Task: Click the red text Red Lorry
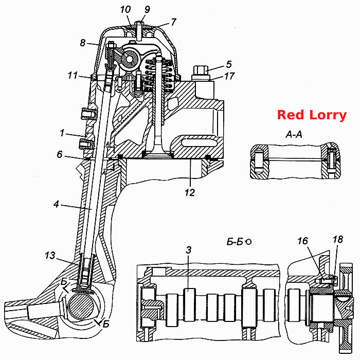pyautogui.click(x=312, y=115)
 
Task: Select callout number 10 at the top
pyautogui.click(x=125, y=10)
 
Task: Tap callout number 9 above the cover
pyautogui.click(x=147, y=9)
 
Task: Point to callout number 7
pyautogui.click(x=173, y=22)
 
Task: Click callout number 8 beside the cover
pyautogui.click(x=83, y=43)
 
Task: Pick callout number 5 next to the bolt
pyautogui.click(x=229, y=64)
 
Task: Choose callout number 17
pyautogui.click(x=229, y=76)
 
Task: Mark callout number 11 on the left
pyautogui.click(x=73, y=75)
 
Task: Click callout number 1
pyautogui.click(x=62, y=133)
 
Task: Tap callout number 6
pyautogui.click(x=60, y=154)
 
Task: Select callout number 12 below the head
pyautogui.click(x=190, y=192)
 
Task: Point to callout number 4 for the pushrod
pyautogui.click(x=57, y=204)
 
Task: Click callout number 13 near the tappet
pyautogui.click(x=50, y=255)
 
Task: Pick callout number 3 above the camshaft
pyautogui.click(x=189, y=250)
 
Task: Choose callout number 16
pyautogui.click(x=302, y=241)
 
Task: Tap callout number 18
pyautogui.click(x=338, y=240)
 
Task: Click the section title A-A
pyautogui.click(x=294, y=135)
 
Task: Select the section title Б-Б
pyautogui.click(x=235, y=242)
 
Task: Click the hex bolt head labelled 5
pyautogui.click(x=201, y=71)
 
